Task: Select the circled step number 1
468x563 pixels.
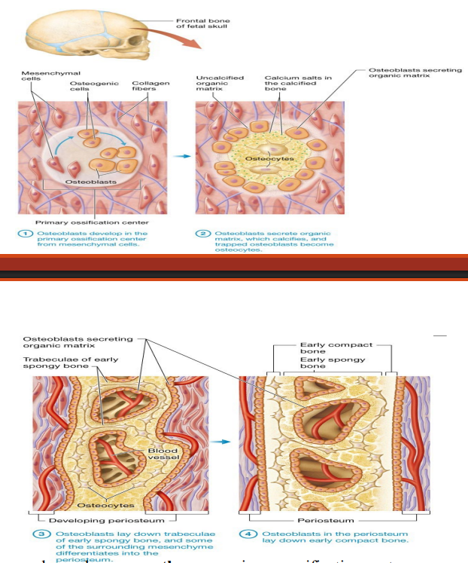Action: [x=24, y=234]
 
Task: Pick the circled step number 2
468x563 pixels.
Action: [x=203, y=234]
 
